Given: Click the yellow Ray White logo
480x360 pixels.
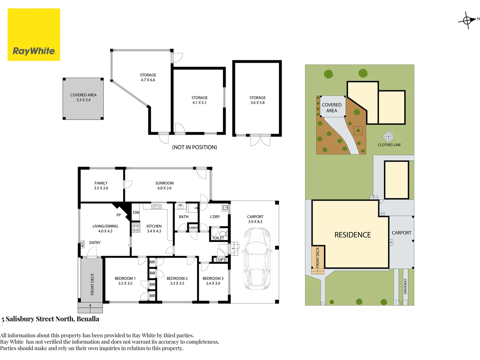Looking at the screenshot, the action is coord(34,35).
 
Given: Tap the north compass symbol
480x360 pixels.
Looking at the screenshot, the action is coord(467,21).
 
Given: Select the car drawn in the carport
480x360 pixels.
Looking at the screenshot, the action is coord(257,259).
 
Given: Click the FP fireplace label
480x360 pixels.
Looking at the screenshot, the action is coord(119,215).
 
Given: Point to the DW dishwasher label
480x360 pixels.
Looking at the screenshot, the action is coord(136,212).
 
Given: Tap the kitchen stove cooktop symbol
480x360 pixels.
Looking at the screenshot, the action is coord(136,228).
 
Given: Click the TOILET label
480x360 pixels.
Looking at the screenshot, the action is coord(218,238).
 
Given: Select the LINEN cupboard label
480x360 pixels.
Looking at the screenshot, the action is coord(193,228).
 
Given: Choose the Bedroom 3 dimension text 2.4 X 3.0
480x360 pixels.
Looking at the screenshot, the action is coord(213,283).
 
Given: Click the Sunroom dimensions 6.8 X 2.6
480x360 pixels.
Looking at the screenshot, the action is coord(164,188).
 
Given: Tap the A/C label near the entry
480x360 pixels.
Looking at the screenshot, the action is coord(82,244).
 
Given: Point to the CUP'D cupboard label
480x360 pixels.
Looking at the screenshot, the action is coord(221,260).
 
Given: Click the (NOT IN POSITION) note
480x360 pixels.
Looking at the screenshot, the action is coord(194,147).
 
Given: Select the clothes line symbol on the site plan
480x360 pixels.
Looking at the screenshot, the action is coord(388,136).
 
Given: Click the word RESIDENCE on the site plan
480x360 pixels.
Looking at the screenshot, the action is coord(353,235).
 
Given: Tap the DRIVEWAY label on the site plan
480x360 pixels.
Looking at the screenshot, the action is coord(405,286).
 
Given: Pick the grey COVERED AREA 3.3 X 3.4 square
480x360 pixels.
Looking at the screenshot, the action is coord(83,99).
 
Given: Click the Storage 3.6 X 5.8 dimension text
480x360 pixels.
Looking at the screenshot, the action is coord(257,103).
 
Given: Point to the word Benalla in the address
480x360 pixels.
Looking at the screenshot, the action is coord(88,319).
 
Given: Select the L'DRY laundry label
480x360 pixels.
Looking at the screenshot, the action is coord(215,217).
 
